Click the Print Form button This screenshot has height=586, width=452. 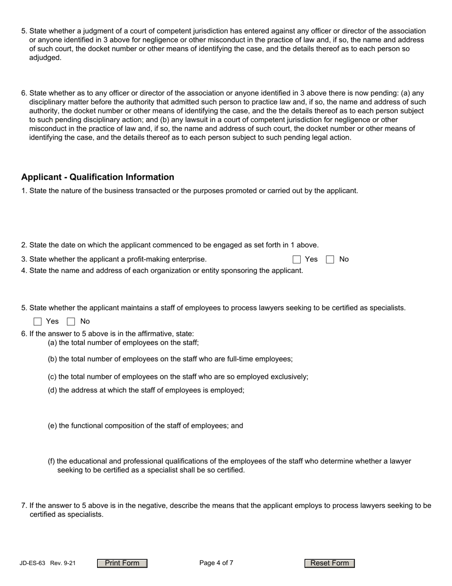tap(122, 563)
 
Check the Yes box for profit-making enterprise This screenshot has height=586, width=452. tap(297, 260)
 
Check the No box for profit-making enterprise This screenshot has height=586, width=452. tap(330, 260)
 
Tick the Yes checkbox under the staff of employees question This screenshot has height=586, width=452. tap(38, 322)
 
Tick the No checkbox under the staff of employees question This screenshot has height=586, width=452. tap(71, 322)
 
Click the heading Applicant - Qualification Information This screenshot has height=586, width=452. tap(98, 177)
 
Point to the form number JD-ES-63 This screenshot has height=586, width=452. tap(32, 563)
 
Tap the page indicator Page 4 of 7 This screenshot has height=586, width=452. tap(216, 563)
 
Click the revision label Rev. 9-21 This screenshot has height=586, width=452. tap(63, 563)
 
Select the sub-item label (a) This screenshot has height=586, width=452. tap(52, 343)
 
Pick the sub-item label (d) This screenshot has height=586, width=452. tap(52, 390)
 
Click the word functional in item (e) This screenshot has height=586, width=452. tap(88, 426)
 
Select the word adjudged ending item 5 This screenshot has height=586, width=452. tap(45, 58)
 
